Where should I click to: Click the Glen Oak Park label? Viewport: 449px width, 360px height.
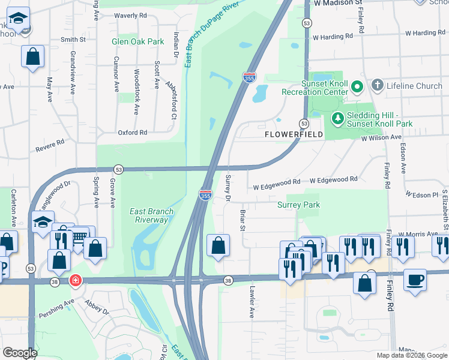[137, 42]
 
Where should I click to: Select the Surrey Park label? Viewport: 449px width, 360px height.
[298, 205]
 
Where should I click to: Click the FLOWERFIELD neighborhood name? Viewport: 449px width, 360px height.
[294, 135]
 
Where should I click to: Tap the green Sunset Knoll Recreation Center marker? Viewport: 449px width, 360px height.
[357, 87]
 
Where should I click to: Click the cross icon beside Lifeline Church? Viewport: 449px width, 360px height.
[378, 86]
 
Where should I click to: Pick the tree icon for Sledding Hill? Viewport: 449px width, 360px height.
[337, 118]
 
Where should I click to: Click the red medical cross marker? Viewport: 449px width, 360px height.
[75, 280]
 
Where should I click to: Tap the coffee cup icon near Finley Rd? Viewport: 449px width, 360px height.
[415, 279]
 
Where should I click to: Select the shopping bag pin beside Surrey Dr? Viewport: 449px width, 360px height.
[218, 245]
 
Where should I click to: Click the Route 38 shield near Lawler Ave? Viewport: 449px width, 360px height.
[228, 280]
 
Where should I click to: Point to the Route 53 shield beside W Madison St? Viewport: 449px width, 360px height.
[307, 23]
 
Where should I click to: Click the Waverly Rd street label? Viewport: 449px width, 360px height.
[130, 15]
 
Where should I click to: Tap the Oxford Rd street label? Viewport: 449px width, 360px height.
[132, 133]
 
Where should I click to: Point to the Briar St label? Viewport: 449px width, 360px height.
[243, 220]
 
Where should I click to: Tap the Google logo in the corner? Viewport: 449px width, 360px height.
[20, 353]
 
